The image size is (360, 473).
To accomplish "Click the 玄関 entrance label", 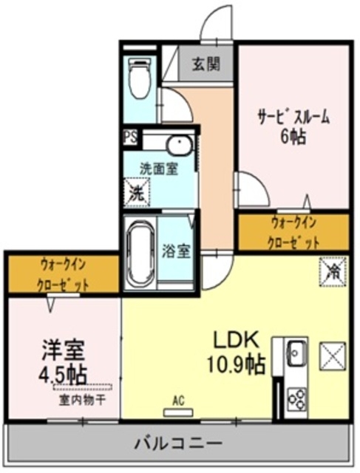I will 206,64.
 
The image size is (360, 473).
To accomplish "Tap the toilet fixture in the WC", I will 139,79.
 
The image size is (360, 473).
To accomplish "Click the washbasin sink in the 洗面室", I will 177,144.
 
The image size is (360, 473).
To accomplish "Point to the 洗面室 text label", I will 159,169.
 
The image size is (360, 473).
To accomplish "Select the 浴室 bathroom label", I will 177,250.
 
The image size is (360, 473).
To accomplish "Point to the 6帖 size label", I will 293,137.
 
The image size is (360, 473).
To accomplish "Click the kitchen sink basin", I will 296,351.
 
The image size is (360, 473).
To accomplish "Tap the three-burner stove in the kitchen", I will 296,398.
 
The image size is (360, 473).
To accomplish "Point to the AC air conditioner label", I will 177,401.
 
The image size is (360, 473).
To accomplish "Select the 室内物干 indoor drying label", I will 82,400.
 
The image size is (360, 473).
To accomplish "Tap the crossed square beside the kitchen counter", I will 332,358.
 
